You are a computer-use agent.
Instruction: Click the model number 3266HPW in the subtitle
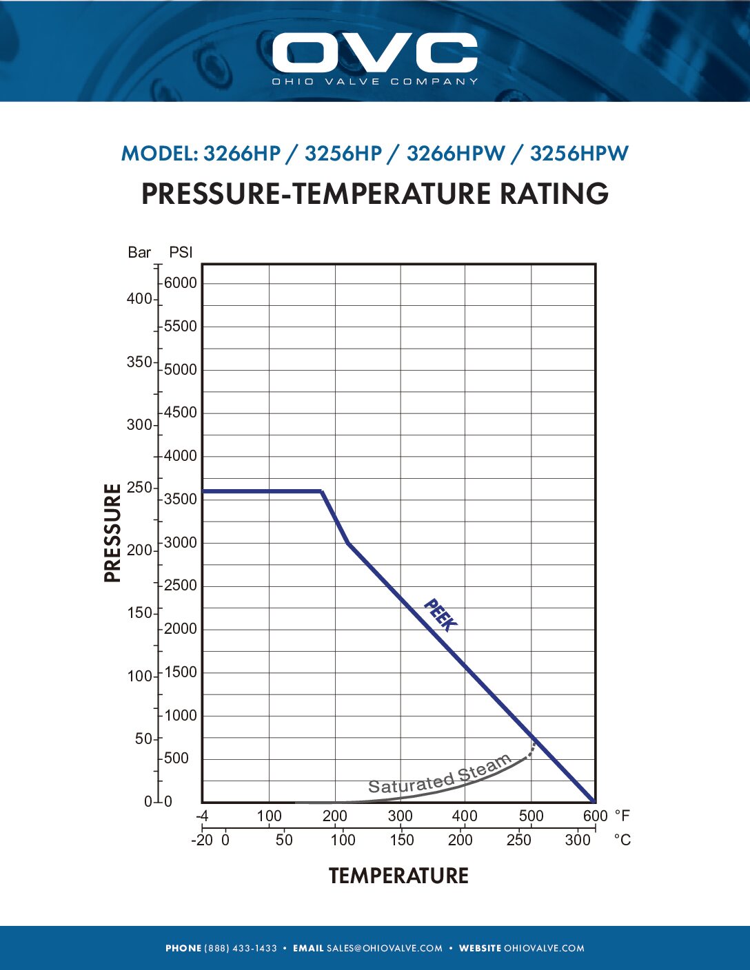(456, 154)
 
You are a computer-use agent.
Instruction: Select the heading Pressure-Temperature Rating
(375, 194)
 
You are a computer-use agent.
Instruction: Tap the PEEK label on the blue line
(440, 615)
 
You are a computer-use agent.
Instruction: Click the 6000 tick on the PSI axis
(180, 283)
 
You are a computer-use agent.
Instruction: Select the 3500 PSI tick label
(180, 499)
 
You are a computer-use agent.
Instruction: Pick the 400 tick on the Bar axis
(139, 299)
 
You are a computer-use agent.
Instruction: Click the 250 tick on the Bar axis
(139, 488)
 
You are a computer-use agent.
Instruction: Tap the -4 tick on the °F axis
(202, 816)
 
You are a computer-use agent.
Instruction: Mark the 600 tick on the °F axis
(595, 816)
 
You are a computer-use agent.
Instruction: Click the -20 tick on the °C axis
(201, 840)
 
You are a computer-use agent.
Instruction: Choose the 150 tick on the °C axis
(401, 840)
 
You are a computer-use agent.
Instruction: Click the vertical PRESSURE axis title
(112, 533)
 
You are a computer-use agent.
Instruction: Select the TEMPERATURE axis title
(398, 876)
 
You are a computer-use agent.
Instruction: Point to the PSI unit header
(181, 253)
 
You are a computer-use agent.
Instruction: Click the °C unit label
(622, 840)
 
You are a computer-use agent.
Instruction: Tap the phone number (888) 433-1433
(241, 949)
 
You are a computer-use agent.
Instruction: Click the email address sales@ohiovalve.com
(385, 949)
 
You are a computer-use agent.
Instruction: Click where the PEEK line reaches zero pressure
(594, 801)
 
